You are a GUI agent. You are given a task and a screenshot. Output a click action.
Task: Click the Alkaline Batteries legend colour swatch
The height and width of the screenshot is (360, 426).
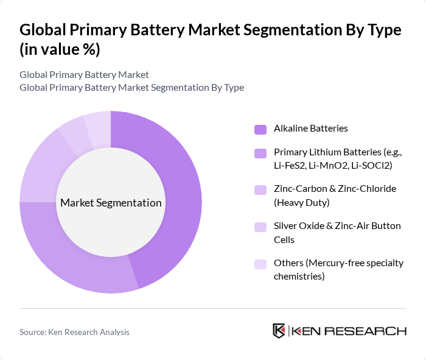[260, 129]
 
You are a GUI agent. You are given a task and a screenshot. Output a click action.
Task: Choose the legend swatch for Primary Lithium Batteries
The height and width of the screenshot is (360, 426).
[260, 153]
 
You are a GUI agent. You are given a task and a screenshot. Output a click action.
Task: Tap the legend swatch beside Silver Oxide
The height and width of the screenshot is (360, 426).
[260, 227]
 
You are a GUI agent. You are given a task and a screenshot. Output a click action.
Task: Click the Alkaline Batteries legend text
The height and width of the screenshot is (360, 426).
[311, 129]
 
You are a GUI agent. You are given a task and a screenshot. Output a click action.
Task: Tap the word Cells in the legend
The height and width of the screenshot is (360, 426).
[284, 240]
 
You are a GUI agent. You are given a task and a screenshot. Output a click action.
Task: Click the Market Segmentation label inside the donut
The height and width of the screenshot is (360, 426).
[111, 203]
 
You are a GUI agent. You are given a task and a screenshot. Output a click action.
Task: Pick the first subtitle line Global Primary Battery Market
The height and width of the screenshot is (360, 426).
[84, 75]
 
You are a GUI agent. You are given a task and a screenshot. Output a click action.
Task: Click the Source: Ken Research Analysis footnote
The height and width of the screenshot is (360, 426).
[74, 332]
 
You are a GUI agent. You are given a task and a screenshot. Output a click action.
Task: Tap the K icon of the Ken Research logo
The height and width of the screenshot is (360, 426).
[279, 331]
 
